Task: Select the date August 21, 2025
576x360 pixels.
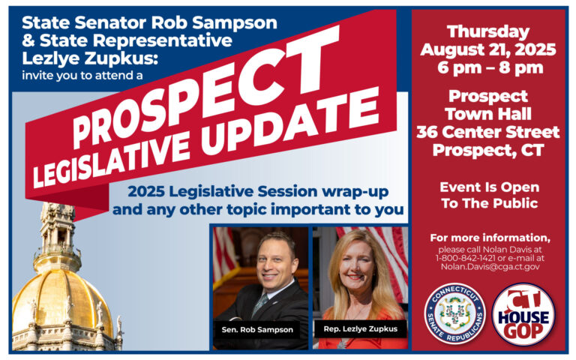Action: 488,50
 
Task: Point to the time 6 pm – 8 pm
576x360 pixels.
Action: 490,68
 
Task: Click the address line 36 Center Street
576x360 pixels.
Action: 488,132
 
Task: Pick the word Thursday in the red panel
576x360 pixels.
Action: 488,32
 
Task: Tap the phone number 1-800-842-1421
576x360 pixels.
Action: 466,258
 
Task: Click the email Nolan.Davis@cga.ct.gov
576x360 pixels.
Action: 490,267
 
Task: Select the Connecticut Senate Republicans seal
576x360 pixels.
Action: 454,313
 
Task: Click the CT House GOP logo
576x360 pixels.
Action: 523,314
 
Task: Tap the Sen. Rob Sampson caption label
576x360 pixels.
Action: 257,329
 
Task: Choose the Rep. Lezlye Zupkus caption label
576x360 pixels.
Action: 360,328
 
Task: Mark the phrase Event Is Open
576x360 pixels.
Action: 490,187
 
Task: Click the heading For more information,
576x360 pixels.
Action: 490,238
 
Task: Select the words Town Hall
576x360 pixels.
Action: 488,114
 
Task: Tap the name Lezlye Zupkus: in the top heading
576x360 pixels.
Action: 90,58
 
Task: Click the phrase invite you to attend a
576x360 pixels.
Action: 82,75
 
